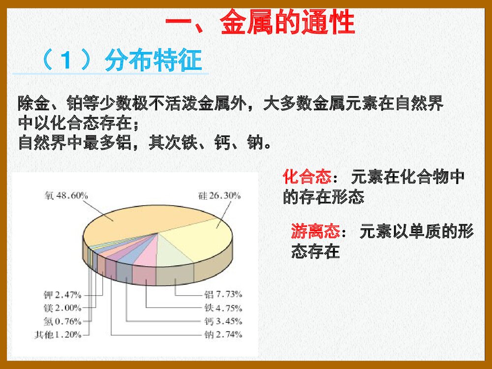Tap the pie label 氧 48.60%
point(66,195)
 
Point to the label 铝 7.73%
point(223,295)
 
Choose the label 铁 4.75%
point(223,308)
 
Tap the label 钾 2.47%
point(62,295)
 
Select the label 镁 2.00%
point(62,308)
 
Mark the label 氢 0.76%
point(62,321)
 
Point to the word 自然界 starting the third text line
point(42,143)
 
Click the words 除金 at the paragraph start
point(30,104)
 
